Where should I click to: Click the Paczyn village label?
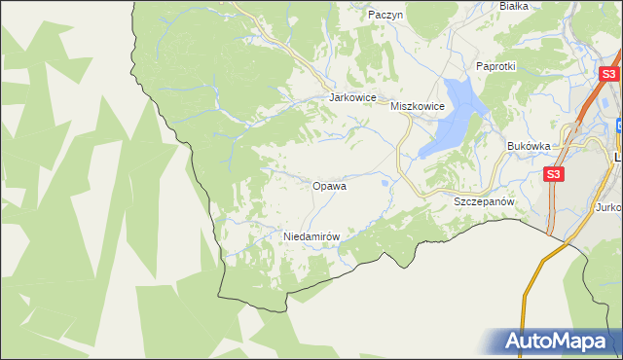[x=385, y=16]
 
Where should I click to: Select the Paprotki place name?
[x=495, y=66]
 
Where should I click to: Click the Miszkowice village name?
[x=418, y=106]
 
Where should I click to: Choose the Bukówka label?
[x=530, y=146]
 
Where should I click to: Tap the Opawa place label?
[x=330, y=185]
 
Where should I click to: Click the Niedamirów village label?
[x=311, y=237]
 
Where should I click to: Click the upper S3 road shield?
[x=609, y=74]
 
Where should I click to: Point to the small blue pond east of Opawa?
[x=386, y=181]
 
